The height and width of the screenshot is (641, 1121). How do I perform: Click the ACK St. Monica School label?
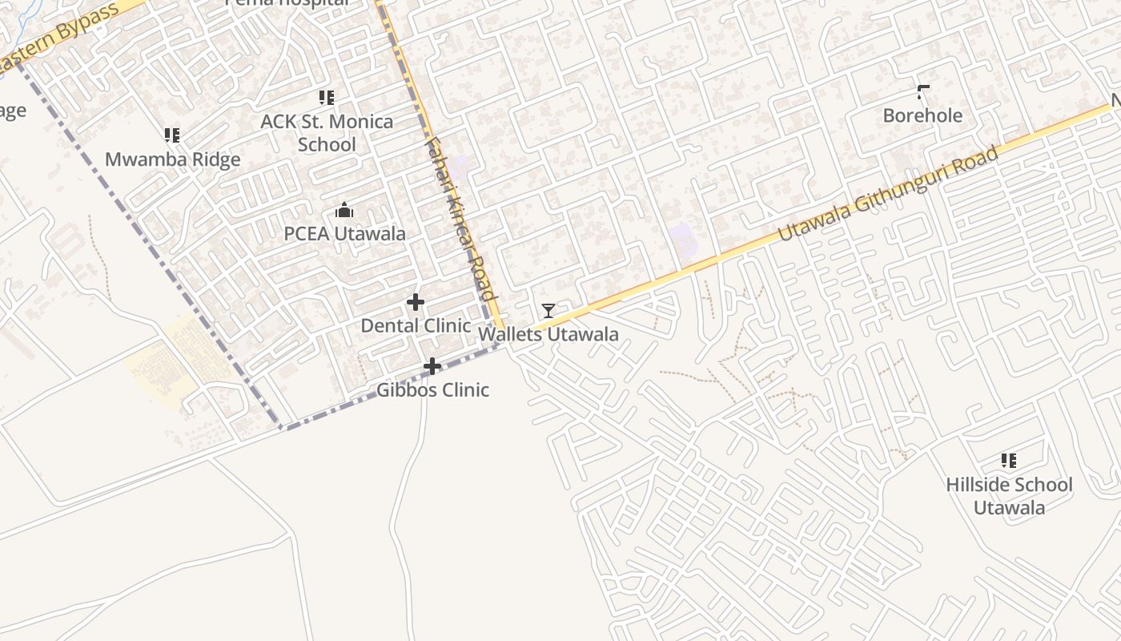(x=327, y=133)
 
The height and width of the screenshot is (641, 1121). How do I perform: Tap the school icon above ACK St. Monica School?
(x=326, y=98)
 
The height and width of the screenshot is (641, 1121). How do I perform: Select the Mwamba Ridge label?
(x=173, y=159)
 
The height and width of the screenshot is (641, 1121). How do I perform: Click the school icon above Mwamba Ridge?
(x=172, y=135)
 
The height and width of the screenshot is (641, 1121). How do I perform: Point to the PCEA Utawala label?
(x=345, y=234)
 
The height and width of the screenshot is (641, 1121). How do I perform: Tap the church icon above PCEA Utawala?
(x=344, y=211)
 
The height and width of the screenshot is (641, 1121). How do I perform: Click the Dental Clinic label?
(x=416, y=325)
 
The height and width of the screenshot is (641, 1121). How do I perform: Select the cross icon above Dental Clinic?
(x=416, y=302)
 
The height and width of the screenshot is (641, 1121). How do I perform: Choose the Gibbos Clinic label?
(x=433, y=390)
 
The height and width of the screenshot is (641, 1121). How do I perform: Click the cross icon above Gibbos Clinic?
(x=432, y=367)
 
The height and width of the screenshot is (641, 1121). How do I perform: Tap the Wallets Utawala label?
(x=548, y=334)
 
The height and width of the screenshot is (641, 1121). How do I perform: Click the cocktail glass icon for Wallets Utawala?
(x=548, y=311)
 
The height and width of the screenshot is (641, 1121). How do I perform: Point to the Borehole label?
(x=922, y=115)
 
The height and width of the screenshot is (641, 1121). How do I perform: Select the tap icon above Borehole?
(x=922, y=92)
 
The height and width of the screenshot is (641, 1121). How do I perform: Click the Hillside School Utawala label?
(x=1009, y=496)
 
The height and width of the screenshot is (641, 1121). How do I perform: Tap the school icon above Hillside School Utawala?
(x=1009, y=461)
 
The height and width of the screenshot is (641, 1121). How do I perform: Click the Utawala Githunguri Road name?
(x=889, y=193)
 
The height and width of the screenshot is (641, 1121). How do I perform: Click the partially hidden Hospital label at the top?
(x=287, y=3)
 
